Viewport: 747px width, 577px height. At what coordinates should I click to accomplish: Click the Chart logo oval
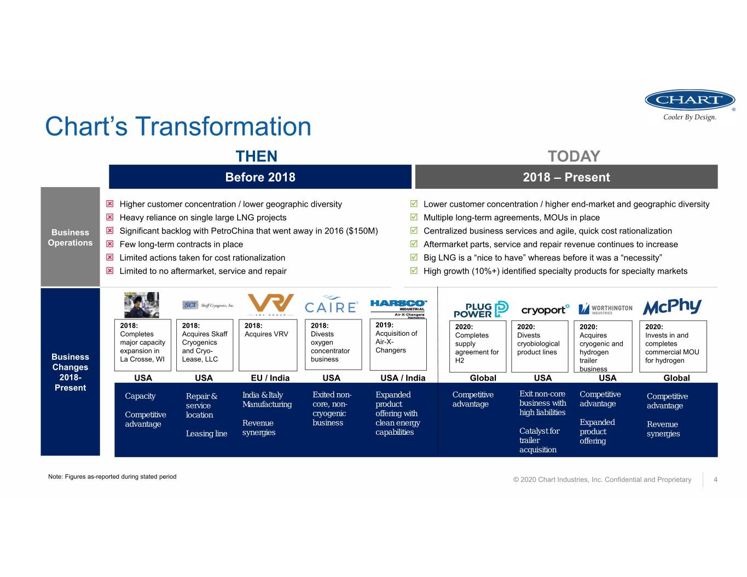[x=690, y=100]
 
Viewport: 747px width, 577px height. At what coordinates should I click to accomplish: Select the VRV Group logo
[x=270, y=305]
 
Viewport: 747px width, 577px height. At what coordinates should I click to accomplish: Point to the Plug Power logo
[x=481, y=310]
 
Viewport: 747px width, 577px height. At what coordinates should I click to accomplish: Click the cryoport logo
[x=545, y=310]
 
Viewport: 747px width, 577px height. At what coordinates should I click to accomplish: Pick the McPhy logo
[x=672, y=306]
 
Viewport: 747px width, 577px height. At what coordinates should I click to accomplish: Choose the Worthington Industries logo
[x=605, y=309]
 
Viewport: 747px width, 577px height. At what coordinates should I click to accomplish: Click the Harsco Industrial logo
[x=398, y=309]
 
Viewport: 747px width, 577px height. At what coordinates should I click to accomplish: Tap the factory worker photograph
[x=142, y=305]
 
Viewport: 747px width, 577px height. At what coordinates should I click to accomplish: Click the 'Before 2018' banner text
[x=260, y=177]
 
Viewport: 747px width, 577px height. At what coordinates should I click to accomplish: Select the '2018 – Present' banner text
[x=566, y=177]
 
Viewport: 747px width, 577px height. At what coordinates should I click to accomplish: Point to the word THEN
[x=257, y=156]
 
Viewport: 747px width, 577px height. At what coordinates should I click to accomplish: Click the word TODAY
[x=574, y=156]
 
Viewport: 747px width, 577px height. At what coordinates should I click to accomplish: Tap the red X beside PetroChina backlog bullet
[x=109, y=230]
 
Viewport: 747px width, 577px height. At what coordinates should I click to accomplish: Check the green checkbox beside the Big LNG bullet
[x=414, y=257]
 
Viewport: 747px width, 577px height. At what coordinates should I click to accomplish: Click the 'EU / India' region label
[x=270, y=378]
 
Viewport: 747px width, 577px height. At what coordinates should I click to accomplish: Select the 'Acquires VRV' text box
[x=268, y=345]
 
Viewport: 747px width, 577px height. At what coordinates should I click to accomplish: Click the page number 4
[x=715, y=480]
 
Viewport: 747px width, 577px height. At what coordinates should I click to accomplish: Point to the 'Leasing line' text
[x=206, y=434]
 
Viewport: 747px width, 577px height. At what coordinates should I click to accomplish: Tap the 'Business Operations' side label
[x=70, y=237]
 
